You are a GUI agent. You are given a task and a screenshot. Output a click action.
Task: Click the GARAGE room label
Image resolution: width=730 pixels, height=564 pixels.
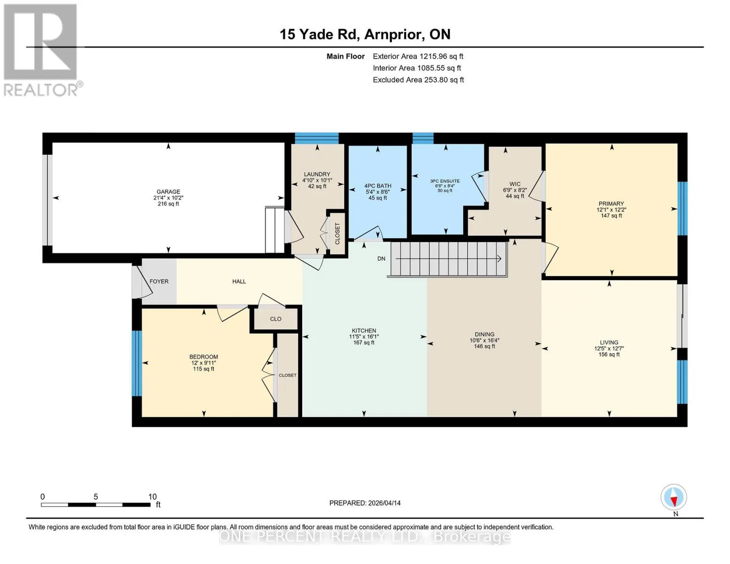click(x=168, y=191)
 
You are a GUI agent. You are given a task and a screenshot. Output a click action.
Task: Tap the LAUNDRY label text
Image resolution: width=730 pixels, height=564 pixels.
click(x=317, y=174)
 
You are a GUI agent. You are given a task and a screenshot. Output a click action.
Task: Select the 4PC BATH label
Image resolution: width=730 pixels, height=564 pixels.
click(x=377, y=186)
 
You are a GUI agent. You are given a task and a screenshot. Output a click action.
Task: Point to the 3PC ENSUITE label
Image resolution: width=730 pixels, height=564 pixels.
click(x=445, y=181)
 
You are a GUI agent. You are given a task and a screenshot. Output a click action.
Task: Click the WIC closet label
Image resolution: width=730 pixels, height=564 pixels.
click(x=515, y=184)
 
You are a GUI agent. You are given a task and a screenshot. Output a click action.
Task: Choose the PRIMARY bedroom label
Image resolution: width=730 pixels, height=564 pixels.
click(x=611, y=204)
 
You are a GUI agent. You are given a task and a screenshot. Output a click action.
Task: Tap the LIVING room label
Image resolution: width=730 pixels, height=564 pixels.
click(x=609, y=343)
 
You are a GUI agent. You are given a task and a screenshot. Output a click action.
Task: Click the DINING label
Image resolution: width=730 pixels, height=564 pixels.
click(x=485, y=334)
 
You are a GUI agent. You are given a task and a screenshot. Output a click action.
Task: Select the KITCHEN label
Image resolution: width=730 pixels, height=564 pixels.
click(x=364, y=330)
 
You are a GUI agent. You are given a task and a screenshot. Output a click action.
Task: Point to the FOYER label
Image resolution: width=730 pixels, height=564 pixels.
click(x=159, y=282)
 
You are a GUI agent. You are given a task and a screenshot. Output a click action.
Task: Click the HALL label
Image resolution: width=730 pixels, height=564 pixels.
click(x=239, y=282)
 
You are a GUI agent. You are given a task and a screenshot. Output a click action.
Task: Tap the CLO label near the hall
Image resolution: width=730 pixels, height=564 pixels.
click(x=275, y=319)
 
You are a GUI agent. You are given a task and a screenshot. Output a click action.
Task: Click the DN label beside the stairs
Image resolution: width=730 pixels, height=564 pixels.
click(x=381, y=258)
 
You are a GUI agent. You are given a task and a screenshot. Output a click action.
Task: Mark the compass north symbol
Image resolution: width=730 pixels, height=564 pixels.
click(x=674, y=497)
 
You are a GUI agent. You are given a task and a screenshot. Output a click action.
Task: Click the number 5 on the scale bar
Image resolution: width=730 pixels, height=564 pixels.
click(x=95, y=497)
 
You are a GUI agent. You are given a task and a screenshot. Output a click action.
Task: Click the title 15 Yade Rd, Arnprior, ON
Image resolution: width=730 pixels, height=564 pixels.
click(x=365, y=34)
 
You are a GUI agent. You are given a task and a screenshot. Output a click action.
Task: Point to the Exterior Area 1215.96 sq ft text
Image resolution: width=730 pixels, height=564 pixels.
click(x=418, y=56)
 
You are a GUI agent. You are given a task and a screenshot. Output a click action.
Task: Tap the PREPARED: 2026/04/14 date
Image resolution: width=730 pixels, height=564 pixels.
click(x=365, y=503)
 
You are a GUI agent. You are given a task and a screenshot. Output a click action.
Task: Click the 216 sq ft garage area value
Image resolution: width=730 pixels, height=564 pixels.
click(x=168, y=204)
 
